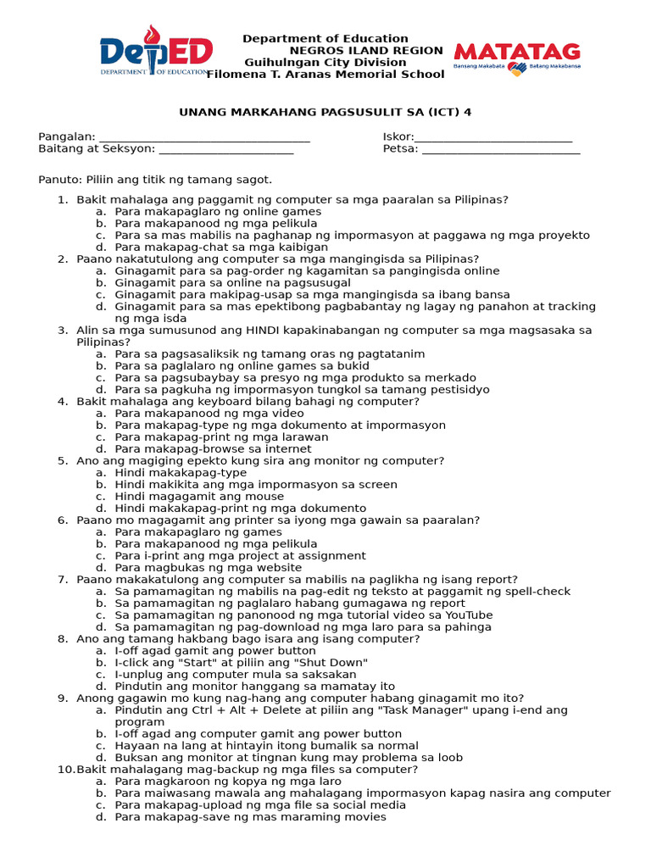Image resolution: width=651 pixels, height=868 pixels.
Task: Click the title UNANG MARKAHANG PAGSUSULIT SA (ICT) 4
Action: (325, 112)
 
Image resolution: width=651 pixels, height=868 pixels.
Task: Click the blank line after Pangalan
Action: (204, 137)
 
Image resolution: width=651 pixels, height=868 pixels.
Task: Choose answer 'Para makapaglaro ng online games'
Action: (218, 212)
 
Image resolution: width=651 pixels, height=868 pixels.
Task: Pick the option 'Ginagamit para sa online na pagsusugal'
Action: (233, 283)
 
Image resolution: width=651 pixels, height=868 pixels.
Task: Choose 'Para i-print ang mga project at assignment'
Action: (240, 556)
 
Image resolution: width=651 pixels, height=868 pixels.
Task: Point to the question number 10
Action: (65, 770)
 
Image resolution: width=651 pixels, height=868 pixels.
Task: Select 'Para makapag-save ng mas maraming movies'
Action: (250, 817)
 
